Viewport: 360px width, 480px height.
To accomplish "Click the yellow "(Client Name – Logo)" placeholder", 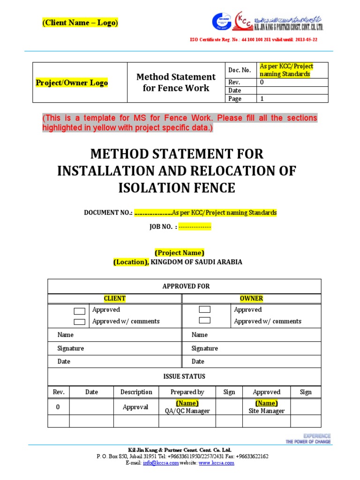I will [80, 22].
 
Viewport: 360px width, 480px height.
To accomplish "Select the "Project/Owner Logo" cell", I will [72, 83].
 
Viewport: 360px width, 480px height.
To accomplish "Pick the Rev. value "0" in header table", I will [262, 82].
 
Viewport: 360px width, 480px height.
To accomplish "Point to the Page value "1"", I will [262, 99].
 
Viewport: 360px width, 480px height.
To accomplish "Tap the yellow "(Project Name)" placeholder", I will [180, 253].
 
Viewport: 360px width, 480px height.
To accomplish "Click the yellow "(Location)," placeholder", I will [131, 262].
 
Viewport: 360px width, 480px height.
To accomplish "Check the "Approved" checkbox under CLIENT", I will [79, 311].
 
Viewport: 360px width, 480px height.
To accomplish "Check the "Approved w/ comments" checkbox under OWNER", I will [204, 321].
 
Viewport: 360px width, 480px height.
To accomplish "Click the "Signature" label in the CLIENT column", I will [71, 348].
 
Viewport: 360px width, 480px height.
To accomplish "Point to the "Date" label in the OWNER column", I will [198, 361].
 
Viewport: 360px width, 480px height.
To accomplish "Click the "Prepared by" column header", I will [187, 392].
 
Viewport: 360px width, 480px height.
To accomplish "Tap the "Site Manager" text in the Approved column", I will [266, 411].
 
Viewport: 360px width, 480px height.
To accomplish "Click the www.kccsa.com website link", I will [216, 463].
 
